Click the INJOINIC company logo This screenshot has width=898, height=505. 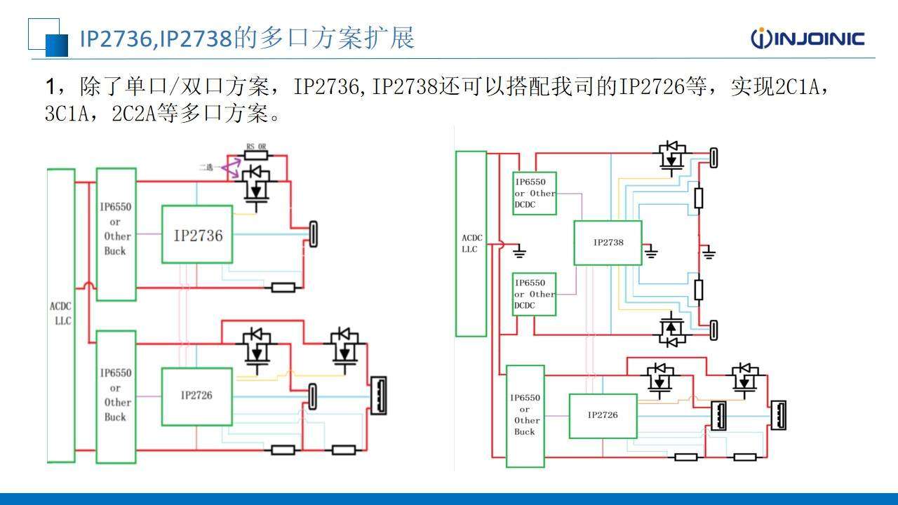[x=807, y=38]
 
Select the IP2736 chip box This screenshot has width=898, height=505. [x=197, y=235]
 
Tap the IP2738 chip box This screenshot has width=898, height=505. [x=608, y=243]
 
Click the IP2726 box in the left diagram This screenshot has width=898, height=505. [x=196, y=396]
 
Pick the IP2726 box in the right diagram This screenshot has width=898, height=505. [x=603, y=415]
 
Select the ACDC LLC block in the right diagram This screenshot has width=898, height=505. [x=471, y=243]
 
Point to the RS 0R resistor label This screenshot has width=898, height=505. [x=255, y=147]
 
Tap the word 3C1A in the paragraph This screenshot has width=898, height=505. [x=67, y=114]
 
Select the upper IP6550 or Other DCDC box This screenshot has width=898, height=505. [x=535, y=193]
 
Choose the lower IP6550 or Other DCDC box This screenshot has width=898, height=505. [x=535, y=294]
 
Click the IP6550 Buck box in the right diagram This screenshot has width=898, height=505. [x=525, y=415]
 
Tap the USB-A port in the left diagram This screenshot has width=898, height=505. [x=378, y=396]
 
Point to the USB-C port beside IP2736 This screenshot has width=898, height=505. [x=313, y=234]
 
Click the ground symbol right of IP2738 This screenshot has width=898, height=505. [x=652, y=250]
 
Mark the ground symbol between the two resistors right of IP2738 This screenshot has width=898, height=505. [x=709, y=251]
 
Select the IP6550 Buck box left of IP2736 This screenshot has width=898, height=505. [x=116, y=234]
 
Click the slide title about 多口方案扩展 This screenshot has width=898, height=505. [x=246, y=38]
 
